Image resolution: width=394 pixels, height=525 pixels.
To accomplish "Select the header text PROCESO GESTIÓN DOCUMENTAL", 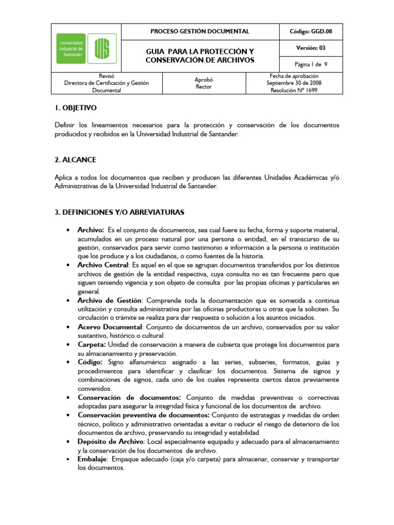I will point(200,31).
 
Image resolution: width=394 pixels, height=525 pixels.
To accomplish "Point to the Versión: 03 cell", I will point(310,48).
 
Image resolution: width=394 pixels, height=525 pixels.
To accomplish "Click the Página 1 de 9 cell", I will point(310,65).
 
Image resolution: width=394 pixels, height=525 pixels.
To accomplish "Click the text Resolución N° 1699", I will point(294,90).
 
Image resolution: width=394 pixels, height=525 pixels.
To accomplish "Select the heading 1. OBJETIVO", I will point(75,109).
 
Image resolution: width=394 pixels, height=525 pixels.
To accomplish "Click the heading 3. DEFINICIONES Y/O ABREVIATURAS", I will point(119,212).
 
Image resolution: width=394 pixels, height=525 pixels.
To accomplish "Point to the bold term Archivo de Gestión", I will point(109,300).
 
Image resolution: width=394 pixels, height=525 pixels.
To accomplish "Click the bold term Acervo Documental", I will point(109,327).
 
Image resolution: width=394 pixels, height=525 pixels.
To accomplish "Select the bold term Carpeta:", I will point(91,345).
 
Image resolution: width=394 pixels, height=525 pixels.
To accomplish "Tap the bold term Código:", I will point(90,362).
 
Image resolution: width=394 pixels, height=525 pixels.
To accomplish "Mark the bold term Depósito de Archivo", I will point(111,441).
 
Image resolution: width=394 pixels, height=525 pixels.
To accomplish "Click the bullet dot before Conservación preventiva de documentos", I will point(68,415).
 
